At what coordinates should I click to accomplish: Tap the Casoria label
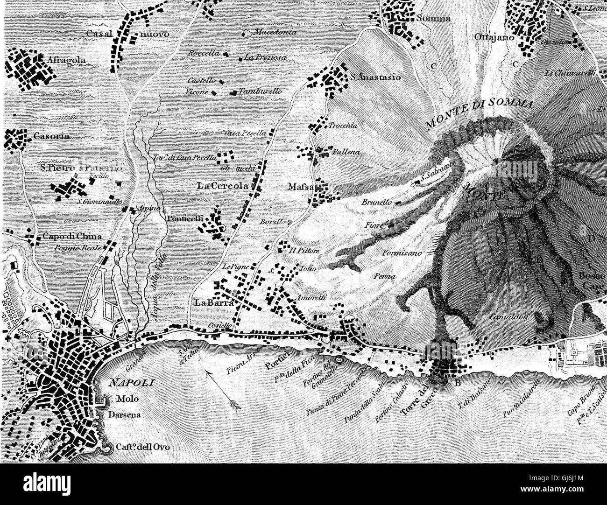pyautogui.click(x=52, y=137)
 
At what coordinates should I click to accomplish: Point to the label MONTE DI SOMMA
pyautogui.click(x=480, y=112)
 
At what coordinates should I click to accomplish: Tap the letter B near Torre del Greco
pyautogui.click(x=457, y=384)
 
